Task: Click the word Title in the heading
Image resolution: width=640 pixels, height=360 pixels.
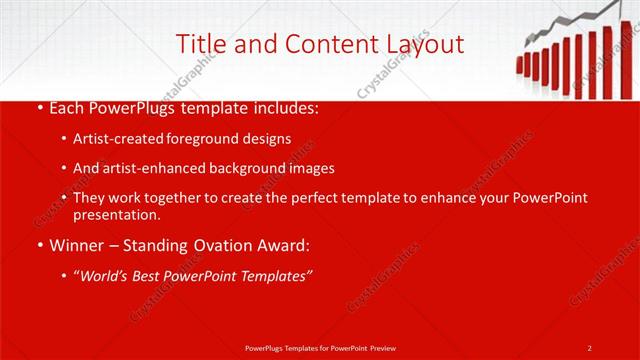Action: (x=198, y=44)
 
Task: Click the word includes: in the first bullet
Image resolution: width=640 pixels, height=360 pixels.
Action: (x=286, y=107)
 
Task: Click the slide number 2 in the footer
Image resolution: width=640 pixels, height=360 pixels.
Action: (x=589, y=347)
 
